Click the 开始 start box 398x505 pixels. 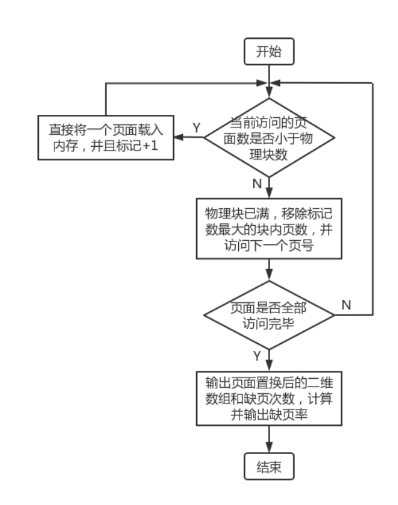click(x=269, y=51)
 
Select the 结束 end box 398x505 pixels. click(x=269, y=467)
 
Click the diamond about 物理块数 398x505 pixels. click(x=269, y=138)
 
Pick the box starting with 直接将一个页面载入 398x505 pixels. click(x=106, y=138)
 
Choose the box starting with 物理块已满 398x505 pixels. click(x=269, y=229)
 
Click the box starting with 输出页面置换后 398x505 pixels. click(x=269, y=399)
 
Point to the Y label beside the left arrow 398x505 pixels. click(x=196, y=127)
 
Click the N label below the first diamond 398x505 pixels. click(x=256, y=184)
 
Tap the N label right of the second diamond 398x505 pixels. click(x=347, y=305)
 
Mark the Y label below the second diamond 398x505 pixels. click(x=256, y=356)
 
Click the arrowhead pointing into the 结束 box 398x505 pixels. click(x=269, y=449)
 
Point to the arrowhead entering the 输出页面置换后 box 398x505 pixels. click(x=269, y=367)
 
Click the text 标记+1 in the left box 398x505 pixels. click(x=140, y=147)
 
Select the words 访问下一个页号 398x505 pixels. click(x=269, y=246)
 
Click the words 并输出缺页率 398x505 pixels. click(x=269, y=415)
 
